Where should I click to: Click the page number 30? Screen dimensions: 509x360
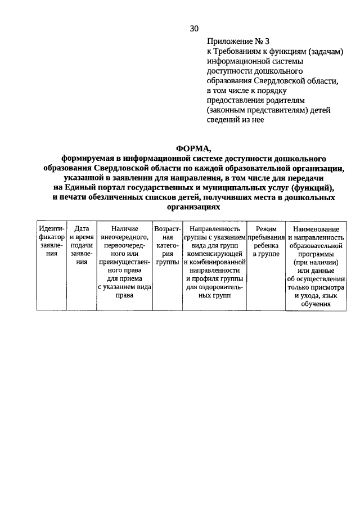[x=194, y=28]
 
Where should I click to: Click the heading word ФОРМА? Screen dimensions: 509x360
[x=192, y=148]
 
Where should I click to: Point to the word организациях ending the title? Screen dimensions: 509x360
[x=192, y=207]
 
